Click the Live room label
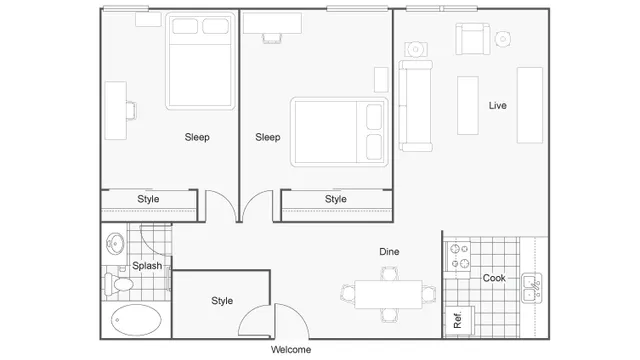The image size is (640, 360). pos(497,105)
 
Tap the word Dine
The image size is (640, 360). pos(390,252)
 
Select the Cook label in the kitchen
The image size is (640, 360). pos(494,278)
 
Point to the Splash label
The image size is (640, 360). pos(148,265)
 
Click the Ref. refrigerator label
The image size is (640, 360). pos(457,321)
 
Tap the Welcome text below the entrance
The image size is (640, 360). pos(291,350)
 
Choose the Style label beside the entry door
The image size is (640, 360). pos(222,300)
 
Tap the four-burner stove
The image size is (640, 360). pos(459,256)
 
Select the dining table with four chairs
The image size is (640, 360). pos(390,294)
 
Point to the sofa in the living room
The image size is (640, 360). pos(415,105)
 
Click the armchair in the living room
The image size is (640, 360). pos(469,40)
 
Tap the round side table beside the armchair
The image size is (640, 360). pos(503,39)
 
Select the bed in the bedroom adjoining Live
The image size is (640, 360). pos(338,132)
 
